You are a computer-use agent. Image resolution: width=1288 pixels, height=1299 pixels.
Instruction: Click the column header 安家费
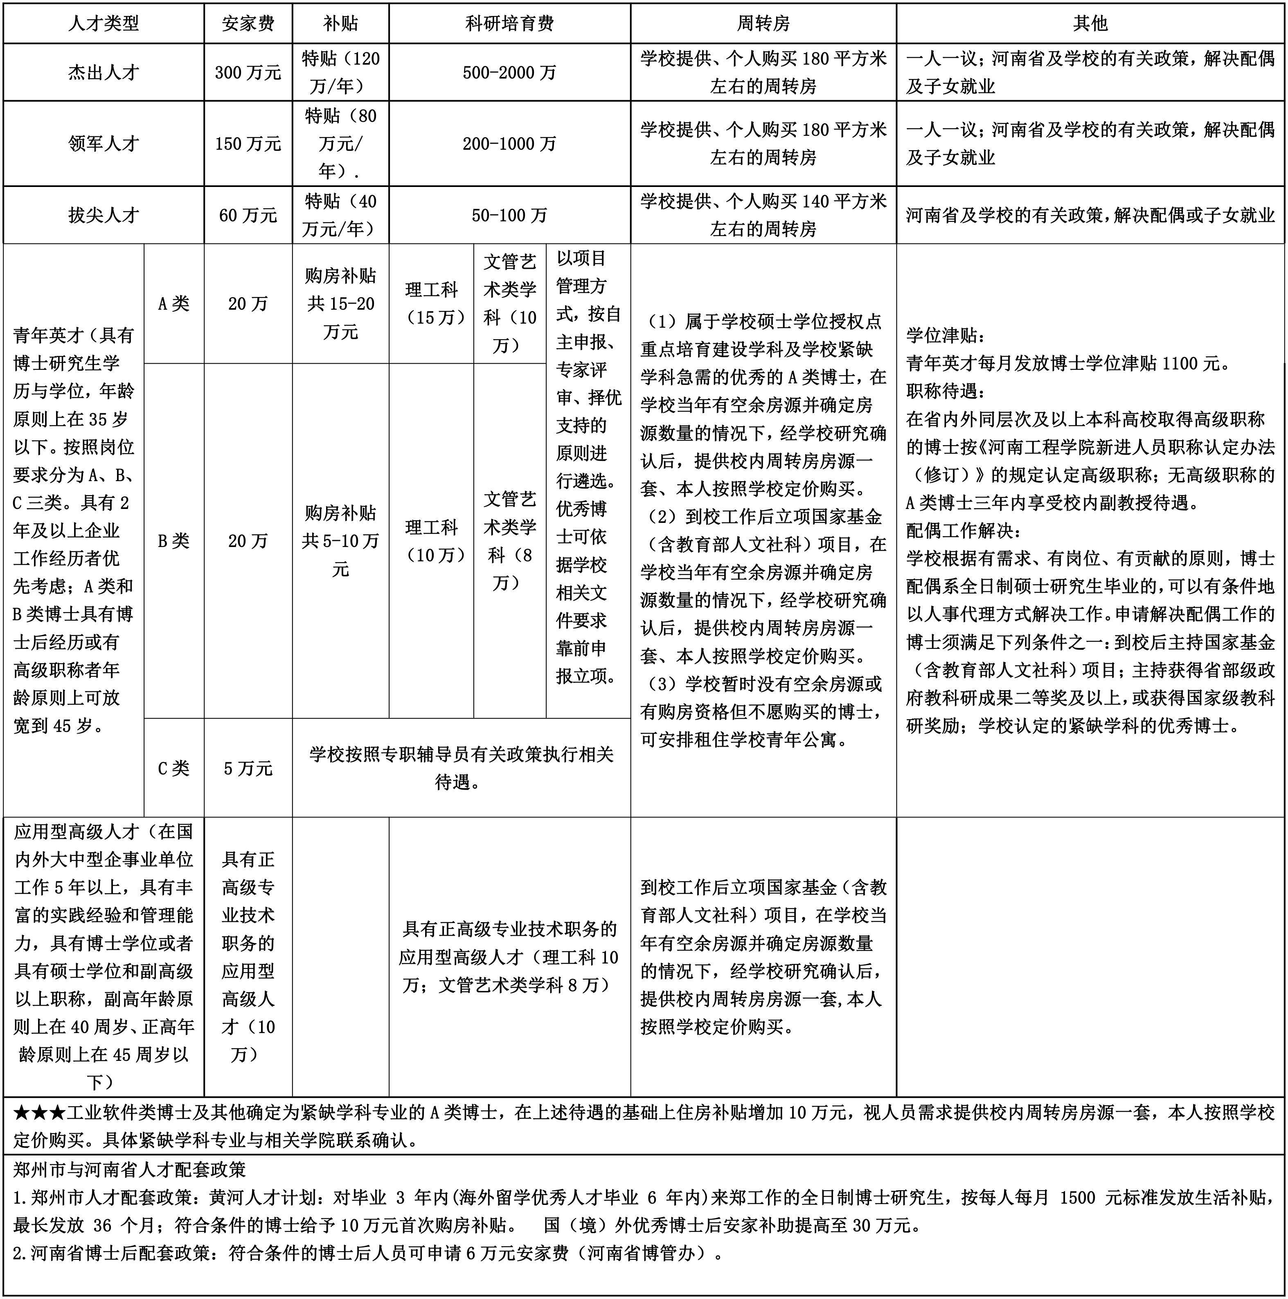tap(248, 24)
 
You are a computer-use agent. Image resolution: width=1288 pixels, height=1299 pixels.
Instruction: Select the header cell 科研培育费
tap(509, 24)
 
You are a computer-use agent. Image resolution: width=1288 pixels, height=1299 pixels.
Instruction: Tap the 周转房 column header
tap(763, 24)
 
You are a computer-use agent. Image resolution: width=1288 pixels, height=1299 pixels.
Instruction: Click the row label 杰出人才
tap(104, 72)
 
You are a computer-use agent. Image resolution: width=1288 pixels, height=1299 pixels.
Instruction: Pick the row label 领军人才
tap(104, 144)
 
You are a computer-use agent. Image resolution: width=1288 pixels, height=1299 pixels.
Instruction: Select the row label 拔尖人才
tap(104, 215)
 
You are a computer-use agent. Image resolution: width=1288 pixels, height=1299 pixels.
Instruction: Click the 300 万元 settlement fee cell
tap(248, 72)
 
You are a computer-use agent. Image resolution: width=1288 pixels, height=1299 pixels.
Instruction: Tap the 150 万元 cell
tap(248, 144)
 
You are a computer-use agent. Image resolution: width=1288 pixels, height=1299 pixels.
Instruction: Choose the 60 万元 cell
tap(248, 215)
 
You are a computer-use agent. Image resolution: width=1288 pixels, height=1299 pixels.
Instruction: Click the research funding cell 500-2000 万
tap(509, 72)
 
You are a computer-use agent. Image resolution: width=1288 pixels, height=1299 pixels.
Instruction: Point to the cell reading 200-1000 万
tap(509, 144)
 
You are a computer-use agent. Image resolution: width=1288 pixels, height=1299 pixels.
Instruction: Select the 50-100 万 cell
tap(509, 215)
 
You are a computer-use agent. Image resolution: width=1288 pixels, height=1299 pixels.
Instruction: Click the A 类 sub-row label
tap(173, 304)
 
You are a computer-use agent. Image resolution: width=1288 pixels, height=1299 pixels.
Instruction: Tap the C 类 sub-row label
tap(173, 768)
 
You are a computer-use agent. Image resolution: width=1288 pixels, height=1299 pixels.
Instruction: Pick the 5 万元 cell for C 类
tap(248, 768)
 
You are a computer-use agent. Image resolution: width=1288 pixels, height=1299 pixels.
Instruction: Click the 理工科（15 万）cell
tap(432, 304)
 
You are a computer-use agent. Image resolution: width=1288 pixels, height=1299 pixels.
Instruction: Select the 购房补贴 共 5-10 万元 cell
tap(340, 541)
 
